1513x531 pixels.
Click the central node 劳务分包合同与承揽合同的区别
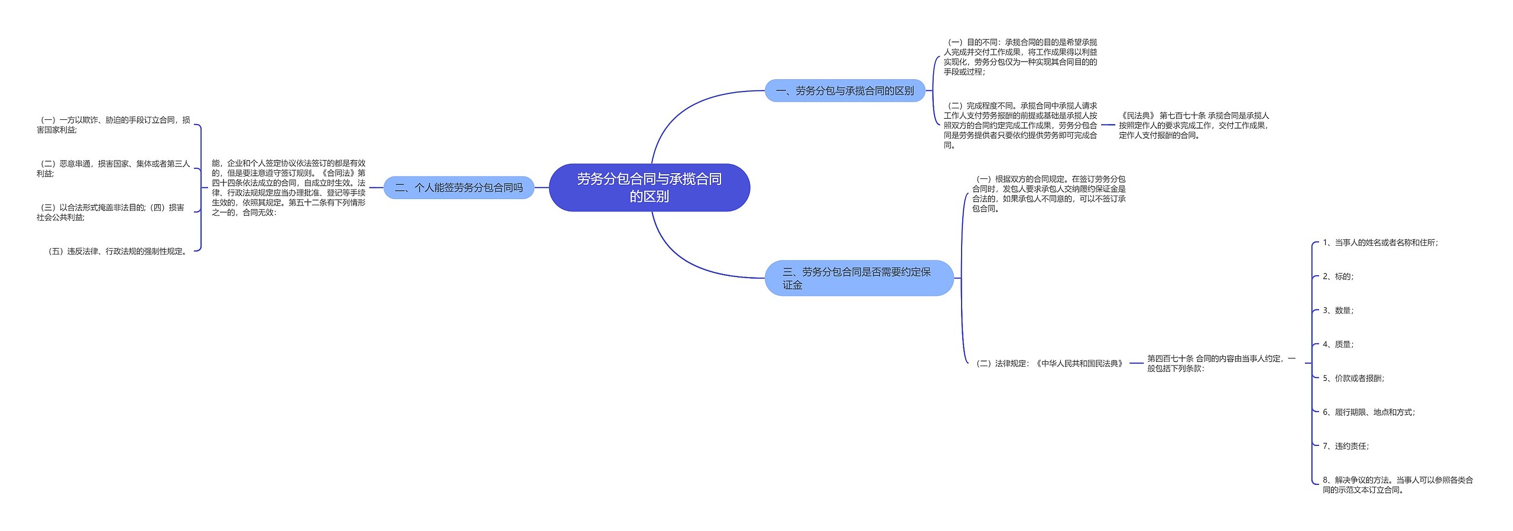pyautogui.click(x=649, y=187)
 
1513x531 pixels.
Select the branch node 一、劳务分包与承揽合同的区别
pyautogui.click(x=845, y=91)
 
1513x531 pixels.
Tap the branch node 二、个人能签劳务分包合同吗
pyautogui.click(x=459, y=188)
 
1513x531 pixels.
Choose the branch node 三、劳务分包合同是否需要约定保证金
pyautogui.click(x=858, y=278)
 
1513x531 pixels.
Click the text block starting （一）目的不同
pyautogui.click(x=1020, y=57)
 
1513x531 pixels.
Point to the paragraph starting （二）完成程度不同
pyautogui.click(x=1020, y=125)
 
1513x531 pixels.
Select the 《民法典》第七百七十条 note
pyautogui.click(x=1193, y=125)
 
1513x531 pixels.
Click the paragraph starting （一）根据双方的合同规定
pyautogui.click(x=1048, y=194)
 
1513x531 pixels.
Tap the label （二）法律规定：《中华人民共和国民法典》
pyautogui.click(x=1048, y=364)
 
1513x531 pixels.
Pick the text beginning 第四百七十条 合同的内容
pyautogui.click(x=1220, y=363)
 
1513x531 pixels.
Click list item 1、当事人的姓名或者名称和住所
pyautogui.click(x=1379, y=243)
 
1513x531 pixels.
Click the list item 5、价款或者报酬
pyautogui.click(x=1353, y=379)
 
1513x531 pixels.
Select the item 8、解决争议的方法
pyautogui.click(x=1397, y=485)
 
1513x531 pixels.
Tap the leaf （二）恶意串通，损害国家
pyautogui.click(x=113, y=168)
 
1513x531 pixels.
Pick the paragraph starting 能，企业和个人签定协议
pyautogui.click(x=288, y=188)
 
